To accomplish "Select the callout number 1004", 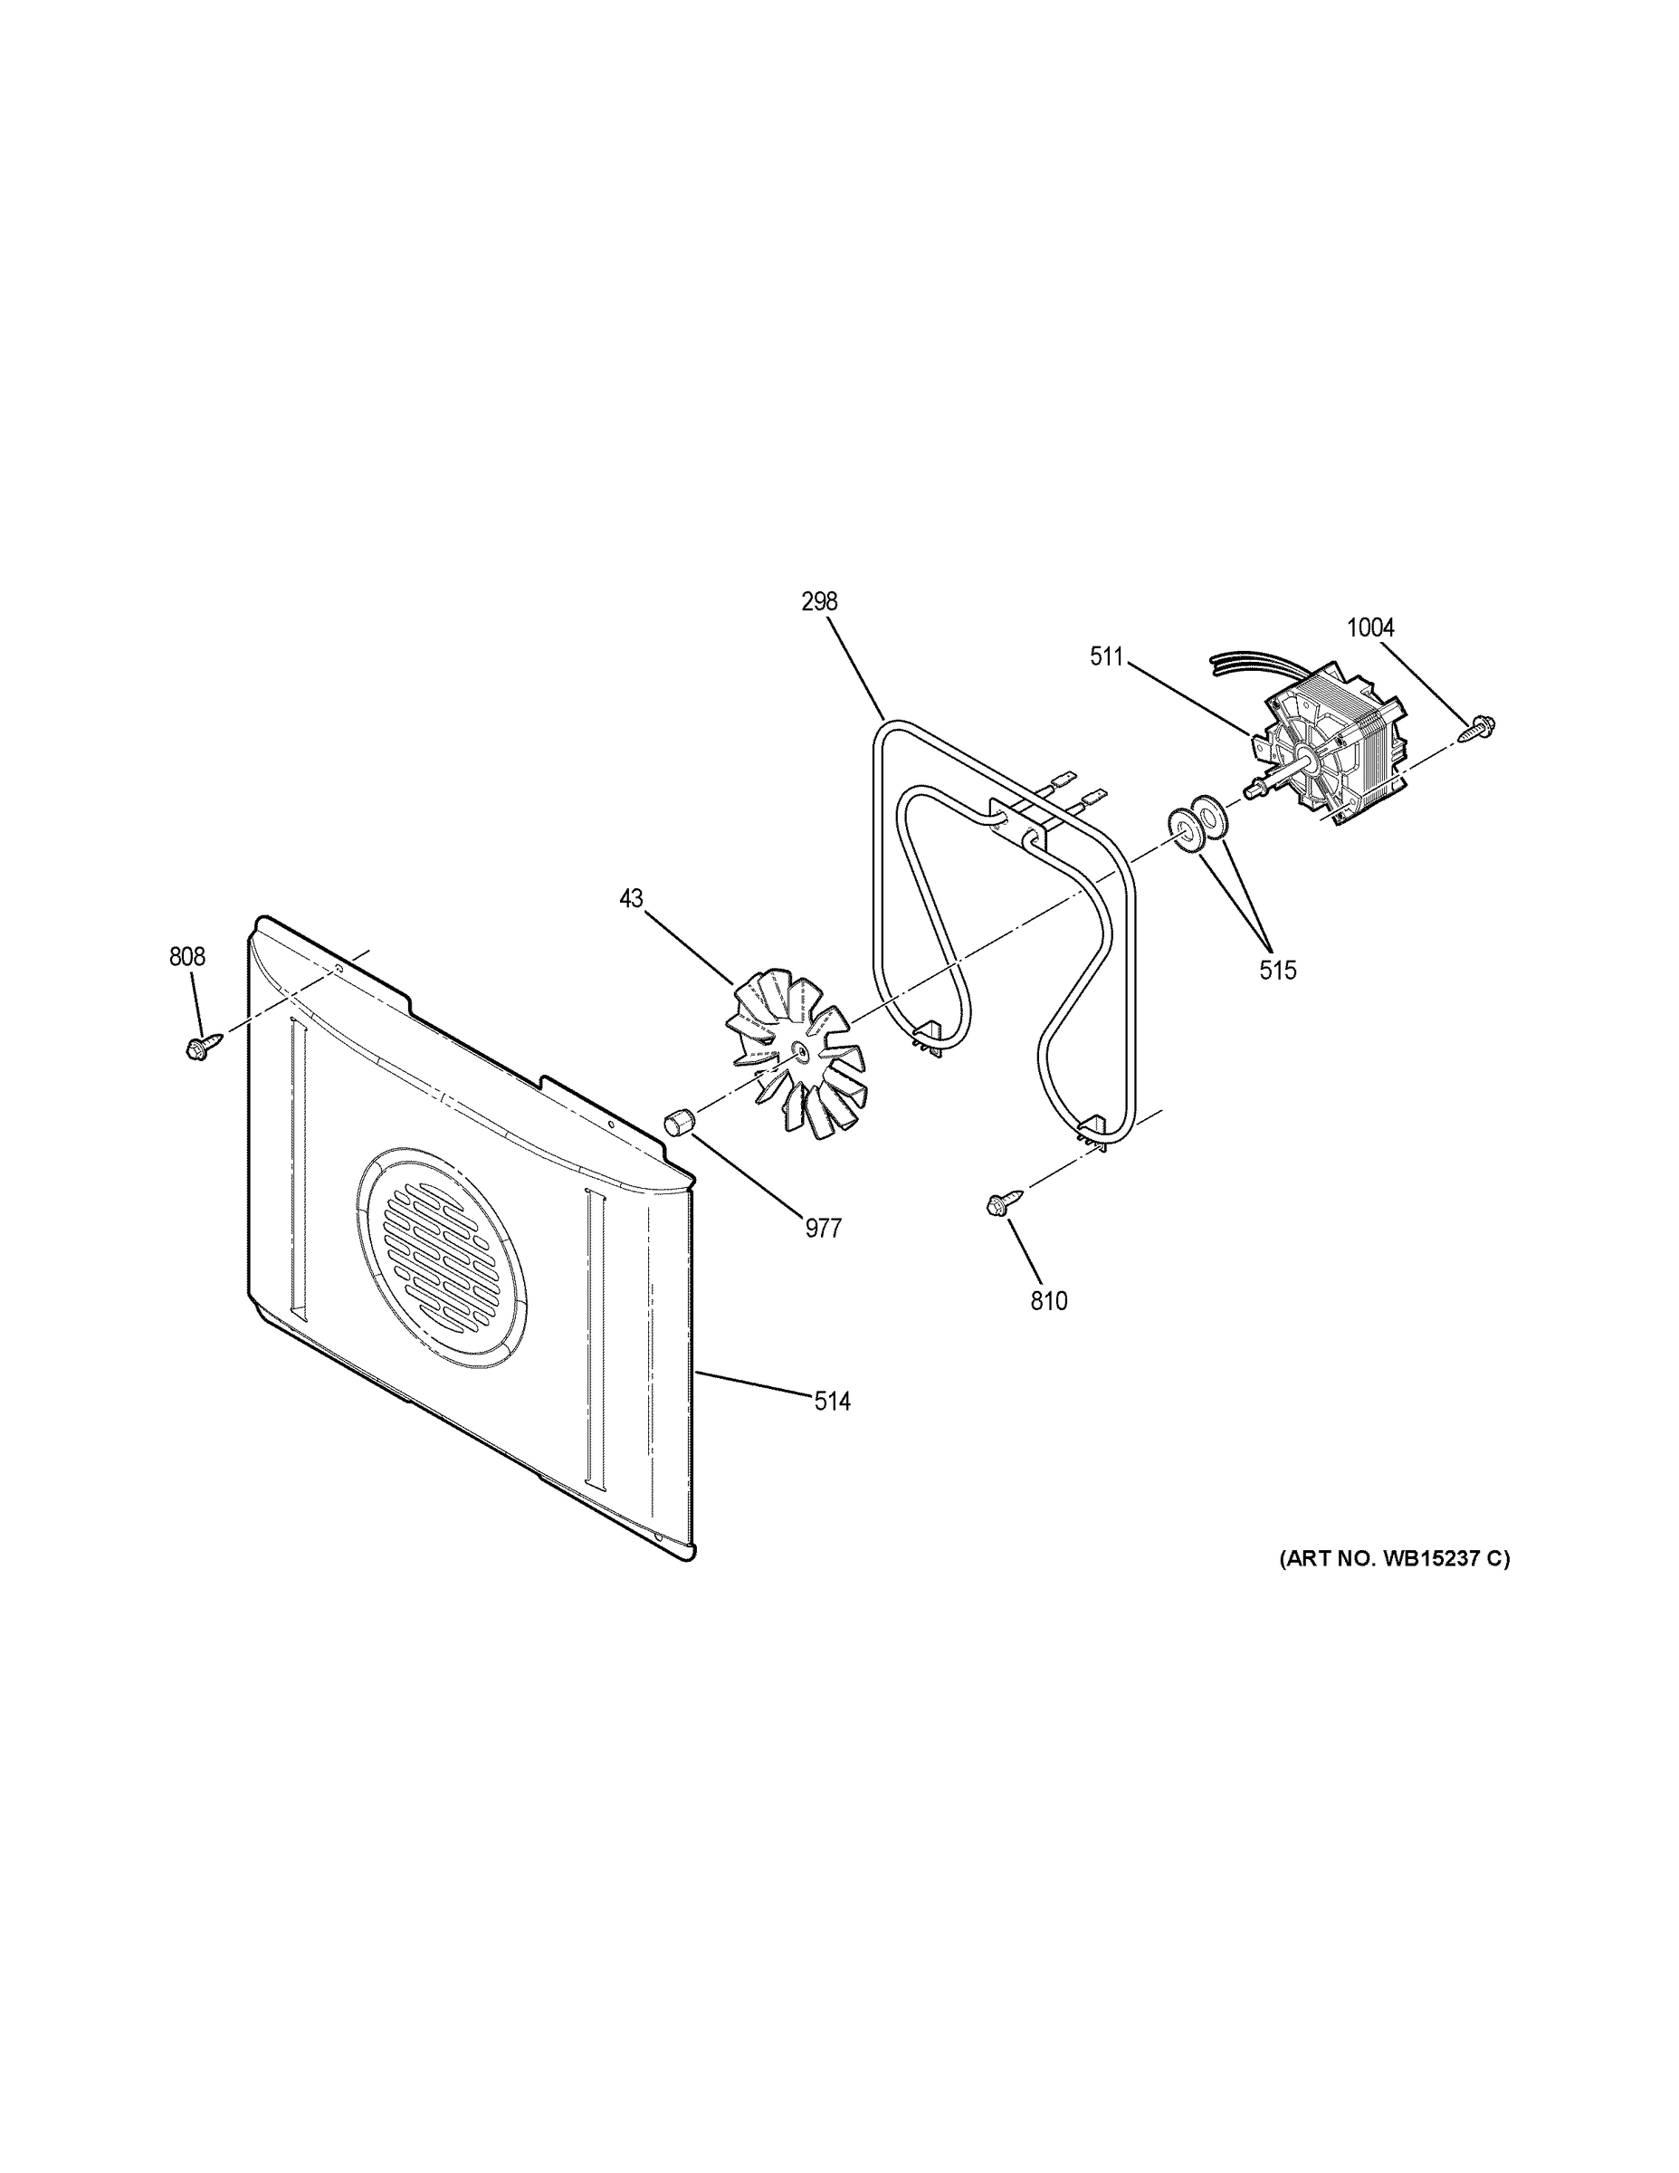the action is (1369, 627).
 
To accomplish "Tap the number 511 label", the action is (1105, 656).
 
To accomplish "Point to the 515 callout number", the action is (1278, 970).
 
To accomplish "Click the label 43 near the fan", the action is (631, 898).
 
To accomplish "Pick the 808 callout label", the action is (187, 957).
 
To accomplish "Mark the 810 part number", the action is (1048, 1300).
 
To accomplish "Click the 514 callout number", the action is (832, 1402).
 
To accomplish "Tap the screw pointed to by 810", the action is (998, 1203).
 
